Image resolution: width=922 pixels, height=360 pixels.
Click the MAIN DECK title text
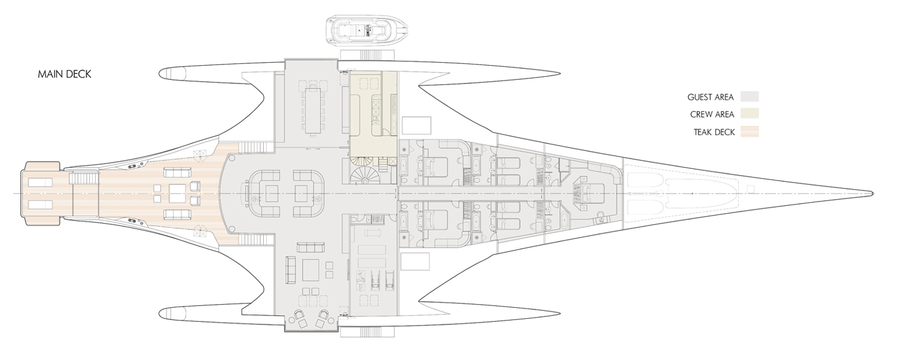[x=65, y=74]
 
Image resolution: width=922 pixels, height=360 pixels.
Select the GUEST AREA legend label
[x=711, y=98]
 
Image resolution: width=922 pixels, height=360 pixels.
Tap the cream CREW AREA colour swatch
[x=749, y=114]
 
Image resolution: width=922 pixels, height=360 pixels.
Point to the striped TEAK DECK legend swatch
[x=749, y=132]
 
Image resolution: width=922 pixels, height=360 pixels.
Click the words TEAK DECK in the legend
[x=714, y=133]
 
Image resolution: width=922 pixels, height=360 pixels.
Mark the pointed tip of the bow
[x=873, y=194]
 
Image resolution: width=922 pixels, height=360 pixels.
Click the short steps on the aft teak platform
[x=85, y=178]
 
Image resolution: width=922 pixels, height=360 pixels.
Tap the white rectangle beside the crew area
[x=416, y=125]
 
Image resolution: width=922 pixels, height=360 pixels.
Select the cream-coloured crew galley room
[x=373, y=118]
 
